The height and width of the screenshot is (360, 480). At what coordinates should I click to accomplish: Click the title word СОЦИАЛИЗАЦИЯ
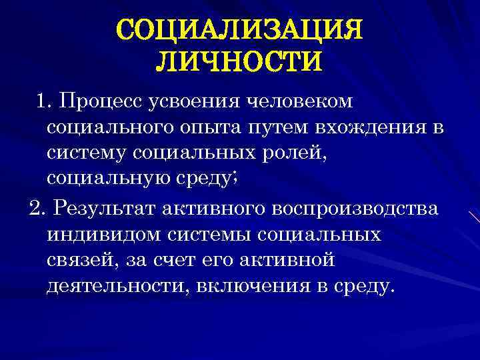pyautogui.click(x=239, y=29)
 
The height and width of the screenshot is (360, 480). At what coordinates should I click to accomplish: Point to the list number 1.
pyautogui.click(x=42, y=101)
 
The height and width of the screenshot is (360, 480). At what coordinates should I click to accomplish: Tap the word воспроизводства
pyautogui.click(x=354, y=209)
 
